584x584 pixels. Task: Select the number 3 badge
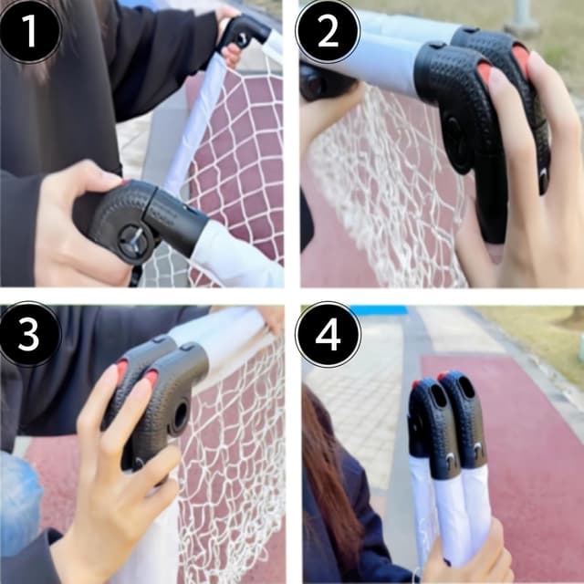click(30, 334)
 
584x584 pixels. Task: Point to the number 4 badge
click(328, 334)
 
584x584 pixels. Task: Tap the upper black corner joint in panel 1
click(244, 33)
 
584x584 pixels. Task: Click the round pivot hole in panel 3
click(180, 415)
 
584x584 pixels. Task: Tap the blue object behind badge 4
click(379, 310)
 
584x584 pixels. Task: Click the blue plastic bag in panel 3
click(19, 499)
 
